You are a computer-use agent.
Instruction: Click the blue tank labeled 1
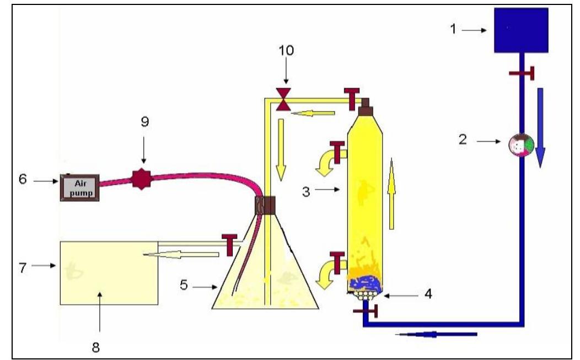(x=520, y=30)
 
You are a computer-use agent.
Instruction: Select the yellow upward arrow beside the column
(x=391, y=192)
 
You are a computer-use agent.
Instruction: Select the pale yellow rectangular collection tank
(x=108, y=272)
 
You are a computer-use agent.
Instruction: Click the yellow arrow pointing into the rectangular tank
(x=181, y=254)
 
